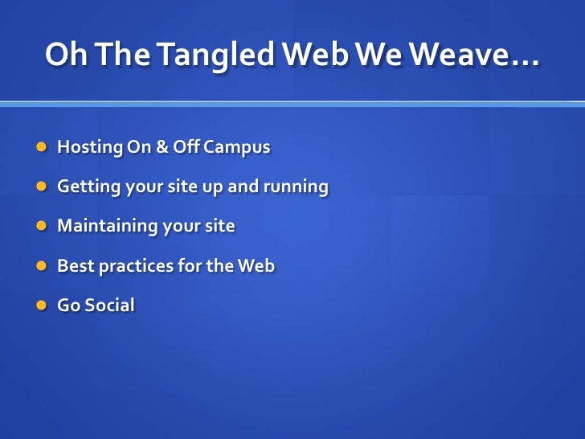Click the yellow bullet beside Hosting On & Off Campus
[41, 149]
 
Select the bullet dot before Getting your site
[41, 188]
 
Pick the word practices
[133, 266]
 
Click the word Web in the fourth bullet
[256, 266]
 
